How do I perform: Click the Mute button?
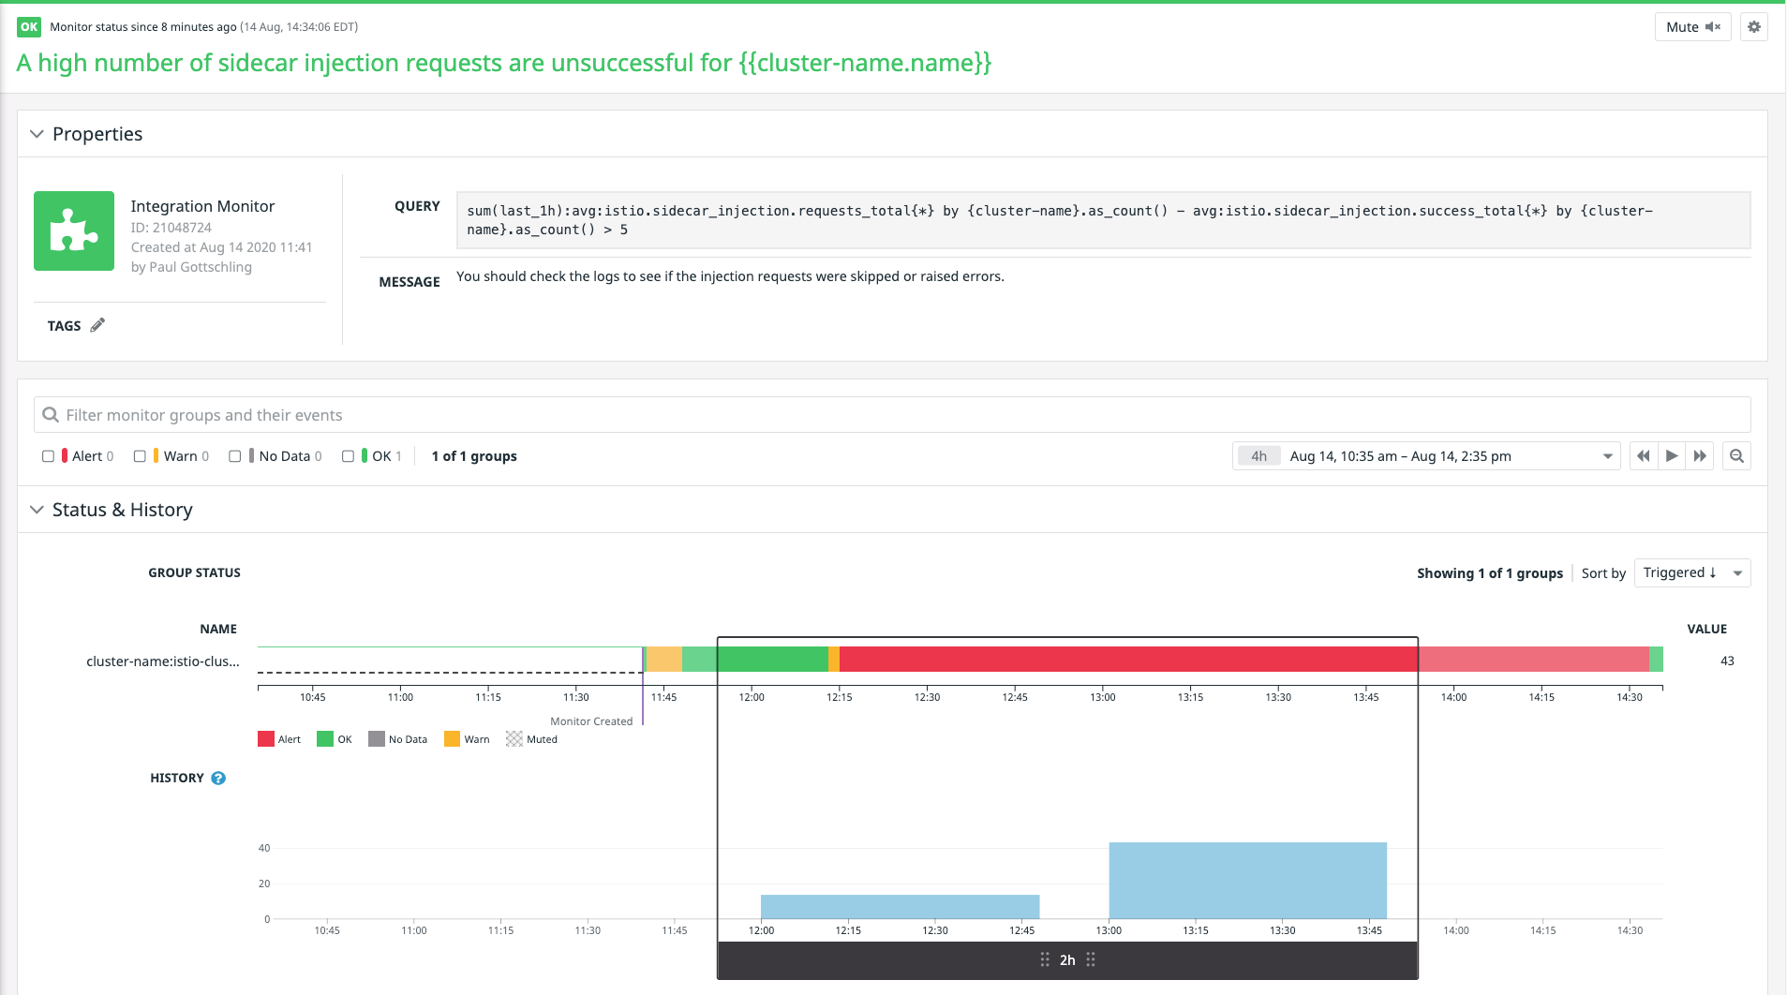point(1692,27)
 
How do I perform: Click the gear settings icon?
point(1754,27)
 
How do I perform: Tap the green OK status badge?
point(29,27)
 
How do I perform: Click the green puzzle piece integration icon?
point(74,231)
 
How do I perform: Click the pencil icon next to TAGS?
point(97,325)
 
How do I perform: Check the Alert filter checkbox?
point(48,456)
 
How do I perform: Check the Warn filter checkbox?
point(140,456)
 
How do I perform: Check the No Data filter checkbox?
point(235,456)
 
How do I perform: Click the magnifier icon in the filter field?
point(51,415)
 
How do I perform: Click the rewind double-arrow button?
point(1643,456)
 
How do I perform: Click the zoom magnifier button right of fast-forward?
point(1736,456)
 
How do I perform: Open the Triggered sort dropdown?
point(1691,573)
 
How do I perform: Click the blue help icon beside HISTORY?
point(218,779)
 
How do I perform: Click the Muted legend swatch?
point(514,739)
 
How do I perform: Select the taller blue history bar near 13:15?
point(1247,881)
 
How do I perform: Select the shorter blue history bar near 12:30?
point(900,907)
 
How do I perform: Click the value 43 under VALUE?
point(1727,661)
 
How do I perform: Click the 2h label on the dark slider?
point(1067,960)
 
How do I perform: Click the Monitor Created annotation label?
point(591,721)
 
